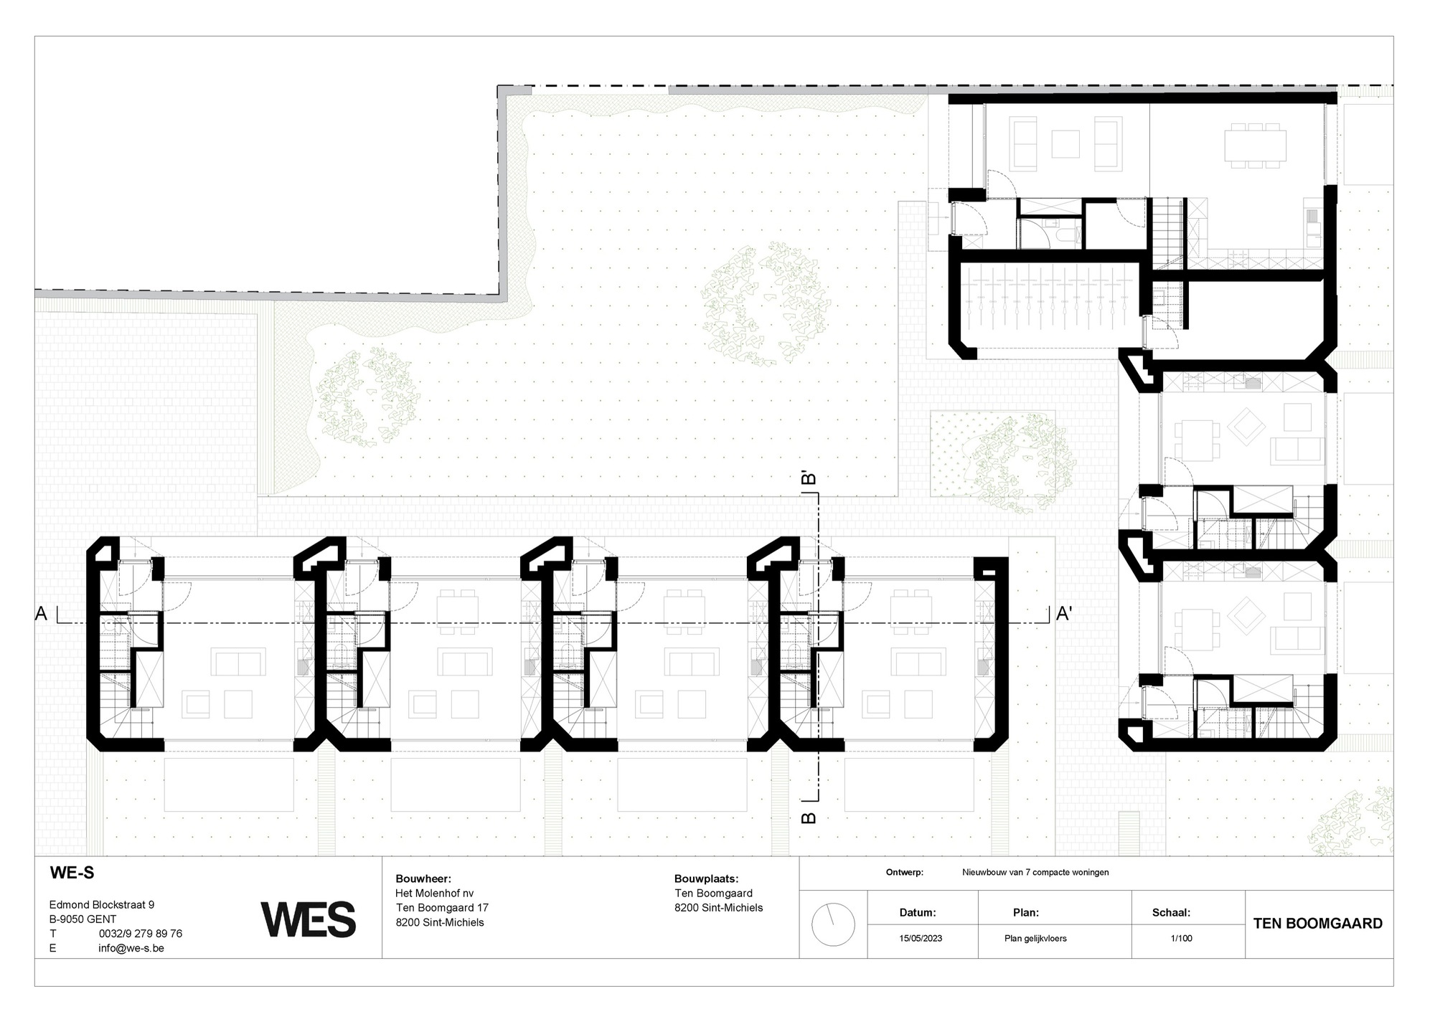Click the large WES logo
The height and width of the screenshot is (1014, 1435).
(309, 919)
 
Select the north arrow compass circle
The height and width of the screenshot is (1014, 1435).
(833, 925)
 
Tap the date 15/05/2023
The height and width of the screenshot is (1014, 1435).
(921, 938)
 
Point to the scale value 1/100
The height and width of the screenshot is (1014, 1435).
(1181, 938)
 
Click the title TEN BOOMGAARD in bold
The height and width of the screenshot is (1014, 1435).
(1317, 924)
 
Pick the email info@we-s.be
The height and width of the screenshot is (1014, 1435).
(131, 948)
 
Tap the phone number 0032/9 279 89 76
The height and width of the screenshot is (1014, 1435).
(140, 934)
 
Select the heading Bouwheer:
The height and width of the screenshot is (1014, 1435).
(423, 878)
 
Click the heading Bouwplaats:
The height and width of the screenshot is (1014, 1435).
(706, 878)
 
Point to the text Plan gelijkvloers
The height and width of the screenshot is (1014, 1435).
(1035, 938)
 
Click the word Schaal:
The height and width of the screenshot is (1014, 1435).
(1171, 913)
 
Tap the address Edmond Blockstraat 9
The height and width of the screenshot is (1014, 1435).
(101, 905)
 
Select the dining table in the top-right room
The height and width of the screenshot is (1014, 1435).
(1254, 146)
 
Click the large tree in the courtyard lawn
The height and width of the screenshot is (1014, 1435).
(766, 302)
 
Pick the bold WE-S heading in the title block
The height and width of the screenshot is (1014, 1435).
(72, 873)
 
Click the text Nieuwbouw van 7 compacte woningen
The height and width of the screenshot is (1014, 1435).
(1035, 873)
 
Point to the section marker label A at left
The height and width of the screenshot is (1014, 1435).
(41, 614)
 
